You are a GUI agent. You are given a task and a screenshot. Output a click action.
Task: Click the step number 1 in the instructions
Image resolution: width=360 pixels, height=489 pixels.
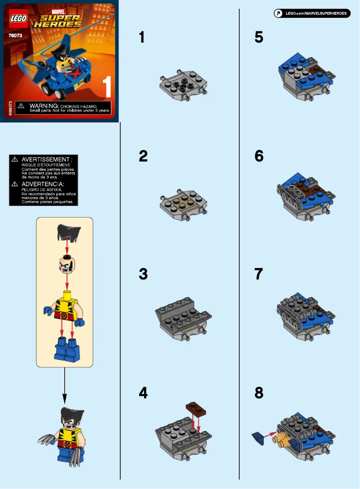click(x=142, y=37)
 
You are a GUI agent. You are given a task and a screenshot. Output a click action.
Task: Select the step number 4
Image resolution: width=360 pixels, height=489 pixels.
click(x=143, y=393)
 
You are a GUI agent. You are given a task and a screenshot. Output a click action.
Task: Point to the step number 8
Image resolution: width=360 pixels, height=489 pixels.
click(x=259, y=393)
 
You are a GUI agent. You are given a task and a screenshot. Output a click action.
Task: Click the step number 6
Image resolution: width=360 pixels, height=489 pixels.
click(x=259, y=156)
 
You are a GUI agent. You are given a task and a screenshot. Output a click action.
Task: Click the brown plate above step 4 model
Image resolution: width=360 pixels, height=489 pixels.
click(x=196, y=408)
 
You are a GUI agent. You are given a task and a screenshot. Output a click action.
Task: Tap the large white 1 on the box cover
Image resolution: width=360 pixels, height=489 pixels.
click(x=107, y=87)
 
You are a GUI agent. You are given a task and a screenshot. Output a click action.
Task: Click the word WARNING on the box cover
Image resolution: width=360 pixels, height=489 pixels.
click(x=44, y=105)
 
